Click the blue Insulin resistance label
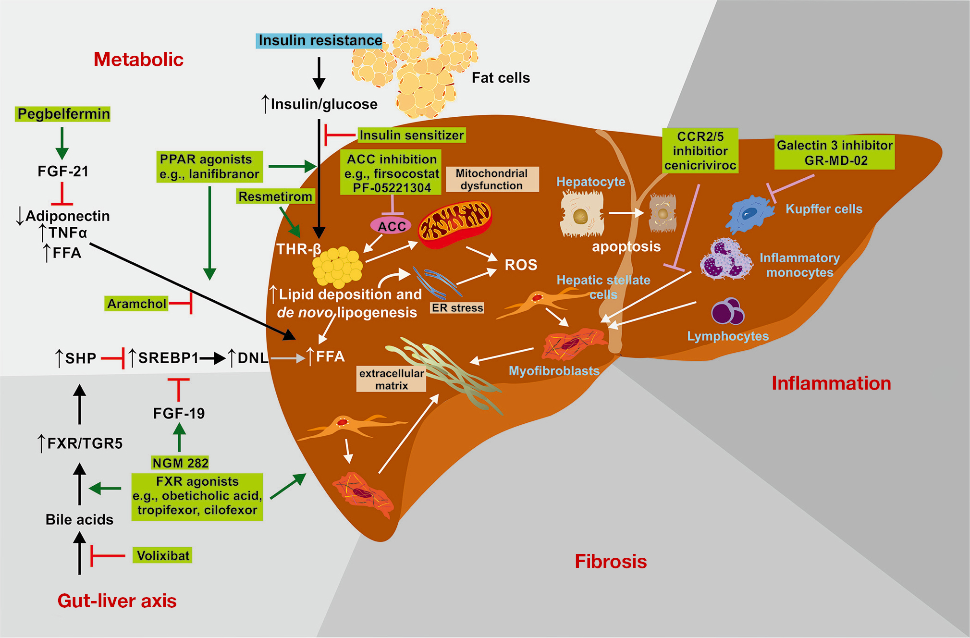click(x=319, y=40)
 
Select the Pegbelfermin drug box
click(x=63, y=114)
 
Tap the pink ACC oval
click(x=391, y=226)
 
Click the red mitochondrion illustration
click(x=454, y=224)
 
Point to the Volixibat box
click(x=162, y=555)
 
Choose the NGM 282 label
click(x=180, y=463)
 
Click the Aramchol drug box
click(x=137, y=304)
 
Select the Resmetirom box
click(x=275, y=196)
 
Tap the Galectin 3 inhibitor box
click(x=835, y=153)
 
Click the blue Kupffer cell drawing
click(x=749, y=213)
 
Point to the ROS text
click(x=521, y=265)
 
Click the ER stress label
click(x=457, y=308)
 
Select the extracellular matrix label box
click(x=392, y=379)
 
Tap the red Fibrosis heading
click(x=611, y=561)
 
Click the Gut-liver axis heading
click(x=117, y=601)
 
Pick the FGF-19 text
click(x=179, y=413)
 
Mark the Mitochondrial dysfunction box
click(x=492, y=179)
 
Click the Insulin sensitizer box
click(x=412, y=135)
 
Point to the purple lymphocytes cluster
click(x=727, y=311)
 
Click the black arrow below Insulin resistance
click(x=319, y=73)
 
